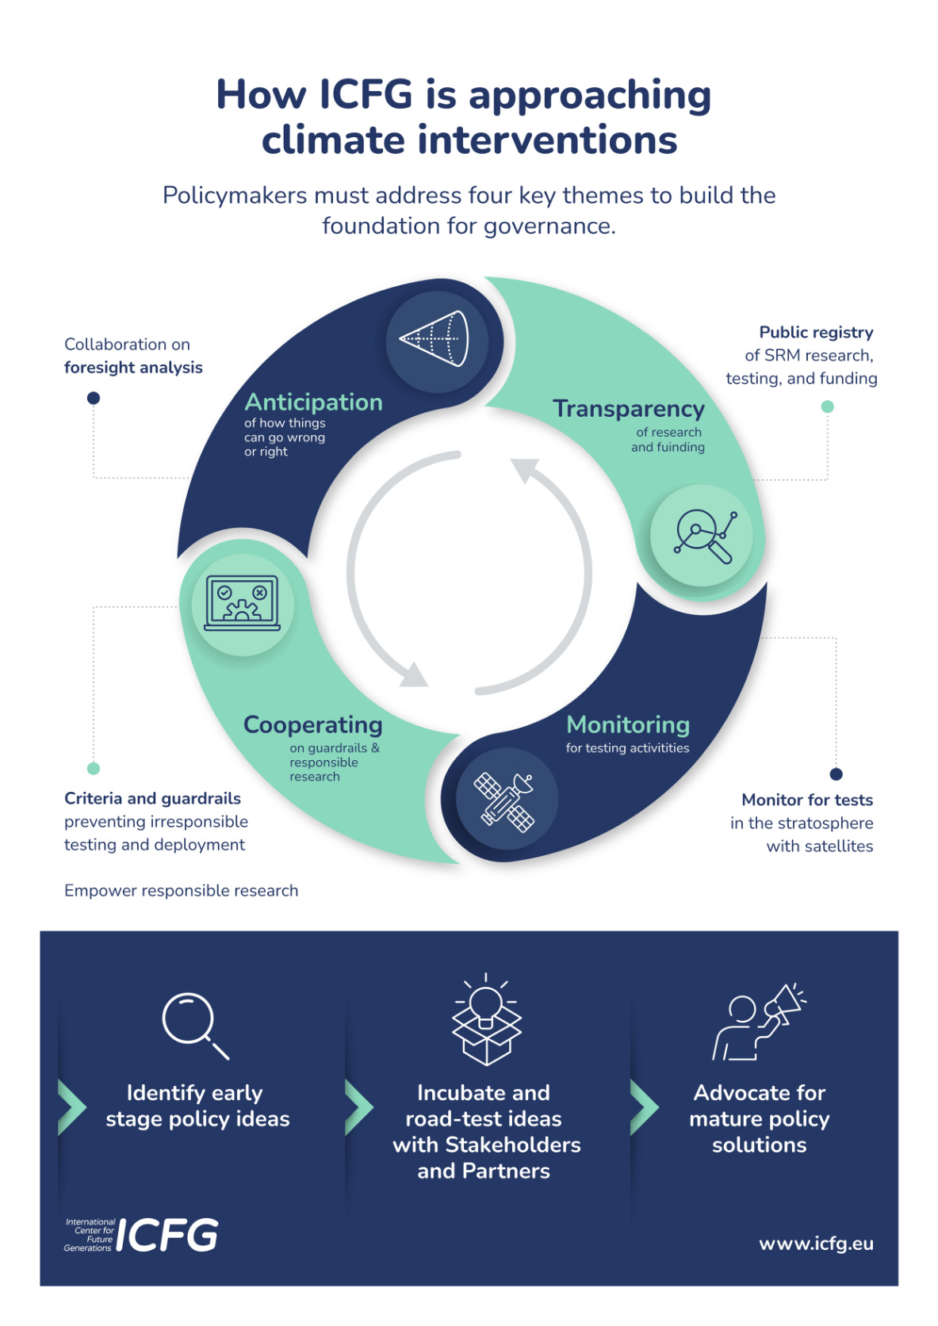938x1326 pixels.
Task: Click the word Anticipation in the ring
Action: pos(313,403)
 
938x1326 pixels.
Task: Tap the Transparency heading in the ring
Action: pos(628,409)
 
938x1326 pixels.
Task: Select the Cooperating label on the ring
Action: pos(312,725)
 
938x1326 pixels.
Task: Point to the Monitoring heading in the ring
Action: pos(627,725)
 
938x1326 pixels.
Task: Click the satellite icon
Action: pos(507,800)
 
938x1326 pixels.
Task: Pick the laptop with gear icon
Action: pos(243,604)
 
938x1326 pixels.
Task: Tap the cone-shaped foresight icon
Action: pos(435,339)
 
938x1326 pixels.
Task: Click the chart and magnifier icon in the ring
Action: pos(703,536)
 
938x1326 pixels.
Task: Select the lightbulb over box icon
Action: pos(486,1020)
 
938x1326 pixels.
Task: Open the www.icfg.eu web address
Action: pos(816,1244)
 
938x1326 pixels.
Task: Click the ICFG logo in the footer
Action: pos(141,1235)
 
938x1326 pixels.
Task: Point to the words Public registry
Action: pos(816,333)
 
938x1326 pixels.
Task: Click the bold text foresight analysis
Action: pos(133,368)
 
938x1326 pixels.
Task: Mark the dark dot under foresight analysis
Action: pos(94,398)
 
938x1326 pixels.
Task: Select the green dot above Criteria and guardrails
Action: pos(94,768)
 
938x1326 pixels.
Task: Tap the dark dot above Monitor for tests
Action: pos(836,774)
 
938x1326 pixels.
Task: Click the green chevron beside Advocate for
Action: pos(644,1106)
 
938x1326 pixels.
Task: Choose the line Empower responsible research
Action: pos(182,891)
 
